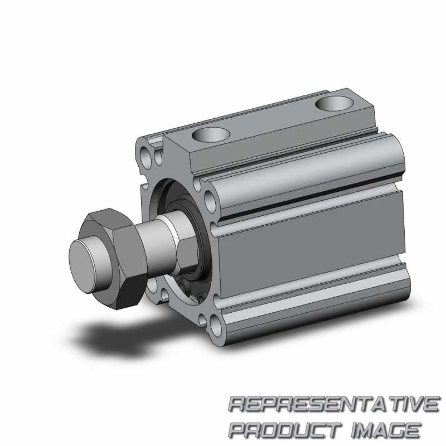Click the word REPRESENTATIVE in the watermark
pos(334,404)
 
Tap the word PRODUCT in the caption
pos(285,429)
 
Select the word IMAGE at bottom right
pos(386,429)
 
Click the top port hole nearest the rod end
pos(211,134)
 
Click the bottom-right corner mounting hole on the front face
pos(217,326)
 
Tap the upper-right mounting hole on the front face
pos(210,201)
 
